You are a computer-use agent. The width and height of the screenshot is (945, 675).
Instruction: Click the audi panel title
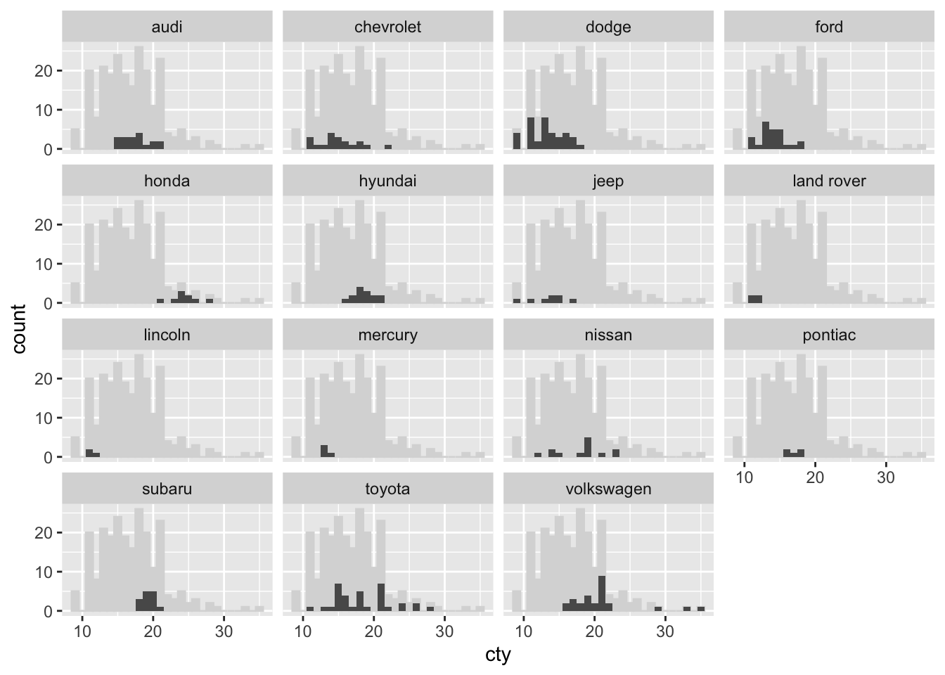tap(167, 27)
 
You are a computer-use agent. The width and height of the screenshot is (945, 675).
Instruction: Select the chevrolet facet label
tap(387, 27)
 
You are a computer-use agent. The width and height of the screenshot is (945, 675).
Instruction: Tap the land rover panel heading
tap(829, 181)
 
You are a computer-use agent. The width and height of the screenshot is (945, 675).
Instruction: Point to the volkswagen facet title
tap(608, 489)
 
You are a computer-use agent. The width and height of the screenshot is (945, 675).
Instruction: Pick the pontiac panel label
tap(829, 335)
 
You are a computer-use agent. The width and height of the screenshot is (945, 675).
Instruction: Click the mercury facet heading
tap(387, 335)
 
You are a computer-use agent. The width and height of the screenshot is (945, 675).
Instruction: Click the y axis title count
tap(19, 328)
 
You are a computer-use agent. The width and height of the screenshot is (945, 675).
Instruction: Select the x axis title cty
tap(498, 655)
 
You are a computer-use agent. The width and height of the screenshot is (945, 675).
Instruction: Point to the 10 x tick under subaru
tap(83, 631)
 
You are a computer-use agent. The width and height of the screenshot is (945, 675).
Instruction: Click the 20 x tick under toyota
tap(374, 631)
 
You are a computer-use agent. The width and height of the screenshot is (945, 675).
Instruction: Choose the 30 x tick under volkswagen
tap(665, 631)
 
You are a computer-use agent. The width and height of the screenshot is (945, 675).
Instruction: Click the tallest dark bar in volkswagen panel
tap(601, 593)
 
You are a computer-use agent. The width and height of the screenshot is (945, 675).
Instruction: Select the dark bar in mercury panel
tap(324, 451)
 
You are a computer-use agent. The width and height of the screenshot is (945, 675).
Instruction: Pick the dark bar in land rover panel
tap(755, 300)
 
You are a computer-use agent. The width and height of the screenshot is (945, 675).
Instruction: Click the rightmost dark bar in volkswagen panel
tap(700, 609)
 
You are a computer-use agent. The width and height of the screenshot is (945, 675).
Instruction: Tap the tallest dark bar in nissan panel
tap(587, 446)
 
